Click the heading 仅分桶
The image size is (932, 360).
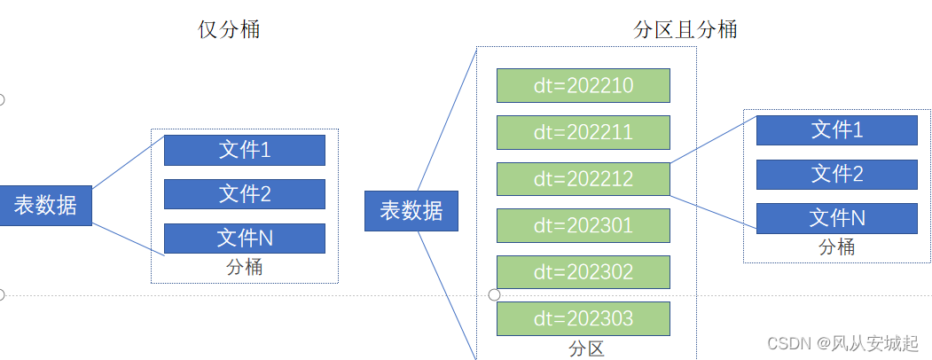(x=229, y=29)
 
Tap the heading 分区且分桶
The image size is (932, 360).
(x=685, y=29)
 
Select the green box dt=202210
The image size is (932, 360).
(x=583, y=86)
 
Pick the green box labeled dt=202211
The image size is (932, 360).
(x=583, y=132)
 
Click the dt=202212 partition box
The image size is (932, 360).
(x=583, y=179)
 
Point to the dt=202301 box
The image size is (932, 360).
(x=583, y=225)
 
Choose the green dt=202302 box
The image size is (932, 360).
(x=583, y=272)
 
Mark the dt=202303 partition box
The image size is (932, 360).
(x=583, y=318)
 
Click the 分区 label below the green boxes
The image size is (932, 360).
(x=586, y=348)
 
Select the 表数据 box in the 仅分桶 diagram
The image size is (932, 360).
(x=45, y=206)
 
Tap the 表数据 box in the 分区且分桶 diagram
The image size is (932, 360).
(x=411, y=211)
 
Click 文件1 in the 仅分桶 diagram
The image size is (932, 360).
(x=245, y=150)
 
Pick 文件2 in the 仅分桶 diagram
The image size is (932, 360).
(x=245, y=194)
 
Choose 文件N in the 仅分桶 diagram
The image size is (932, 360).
(x=245, y=239)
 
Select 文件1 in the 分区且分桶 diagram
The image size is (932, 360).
(x=836, y=130)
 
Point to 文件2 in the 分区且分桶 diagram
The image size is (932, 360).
(x=836, y=174)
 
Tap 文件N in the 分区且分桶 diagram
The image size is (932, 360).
(x=836, y=218)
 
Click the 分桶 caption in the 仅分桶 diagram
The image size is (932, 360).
(x=244, y=267)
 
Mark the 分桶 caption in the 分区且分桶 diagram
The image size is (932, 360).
(x=836, y=247)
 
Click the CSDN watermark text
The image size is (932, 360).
(x=842, y=343)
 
